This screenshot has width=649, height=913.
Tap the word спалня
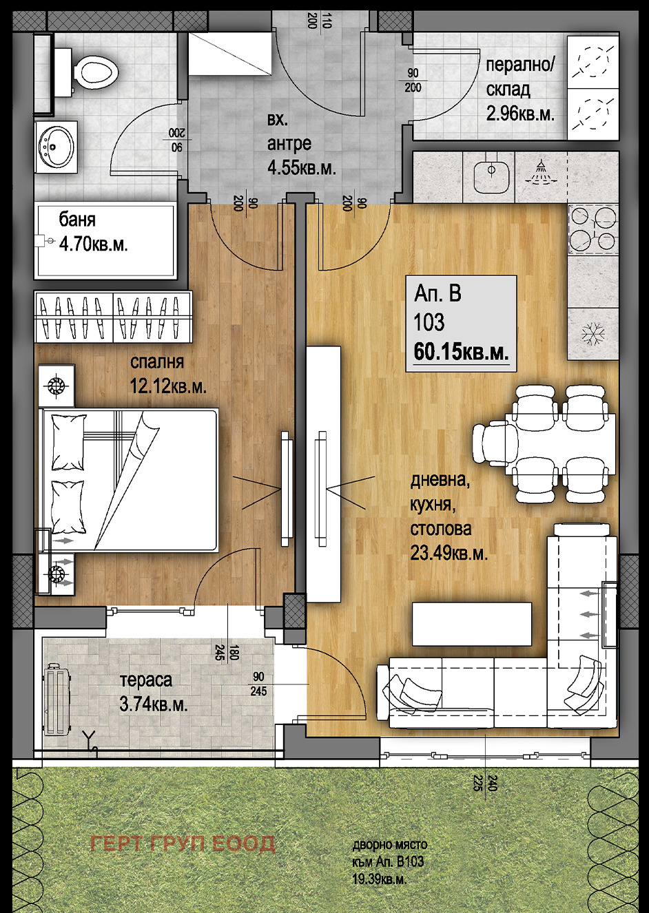[x=157, y=362]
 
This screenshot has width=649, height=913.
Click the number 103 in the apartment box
[x=429, y=322]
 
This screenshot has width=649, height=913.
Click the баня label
[x=77, y=220]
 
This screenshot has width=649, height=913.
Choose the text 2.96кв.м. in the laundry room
[x=520, y=114]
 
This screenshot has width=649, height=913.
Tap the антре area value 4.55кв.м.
[x=302, y=167]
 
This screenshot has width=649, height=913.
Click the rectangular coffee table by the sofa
[x=472, y=624]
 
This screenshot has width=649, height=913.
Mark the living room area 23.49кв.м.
[x=449, y=554]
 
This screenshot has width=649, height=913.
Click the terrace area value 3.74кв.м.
[x=154, y=705]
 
